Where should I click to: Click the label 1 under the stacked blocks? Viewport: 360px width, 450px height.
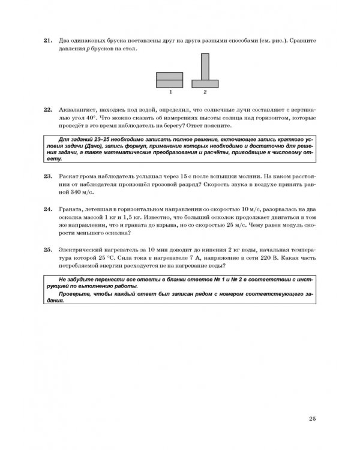tap(170, 92)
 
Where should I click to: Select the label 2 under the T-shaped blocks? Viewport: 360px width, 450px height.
tap(205, 92)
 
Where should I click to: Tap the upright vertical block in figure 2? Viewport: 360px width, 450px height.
tap(205, 67)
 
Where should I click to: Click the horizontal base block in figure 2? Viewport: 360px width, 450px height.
tap(205, 83)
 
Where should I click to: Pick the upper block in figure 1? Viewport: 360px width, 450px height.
tap(170, 75)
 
